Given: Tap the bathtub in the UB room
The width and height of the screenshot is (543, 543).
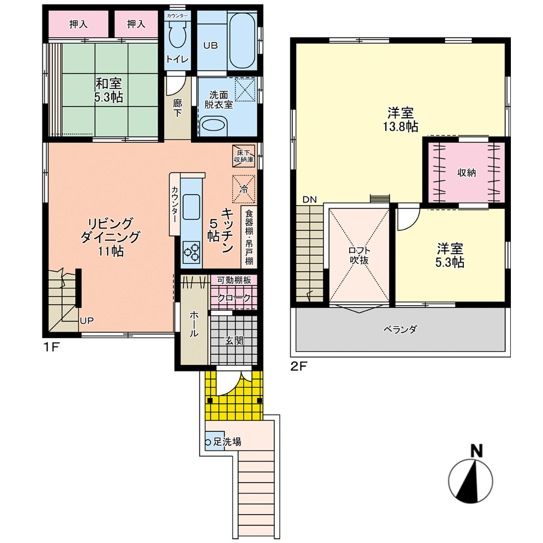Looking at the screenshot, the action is click(242, 41).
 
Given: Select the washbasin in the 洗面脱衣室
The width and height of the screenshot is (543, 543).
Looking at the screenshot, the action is click(213, 125).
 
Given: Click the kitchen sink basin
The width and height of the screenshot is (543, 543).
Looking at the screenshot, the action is click(191, 207).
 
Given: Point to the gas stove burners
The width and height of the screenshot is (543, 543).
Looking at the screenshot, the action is click(191, 252).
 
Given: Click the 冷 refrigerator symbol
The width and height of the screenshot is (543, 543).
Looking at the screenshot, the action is click(244, 189).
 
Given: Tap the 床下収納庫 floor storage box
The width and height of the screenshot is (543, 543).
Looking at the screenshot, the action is click(244, 156).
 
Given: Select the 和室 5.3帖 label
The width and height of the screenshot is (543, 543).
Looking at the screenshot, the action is click(109, 90).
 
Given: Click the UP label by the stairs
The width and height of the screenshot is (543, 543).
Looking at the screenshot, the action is click(87, 321).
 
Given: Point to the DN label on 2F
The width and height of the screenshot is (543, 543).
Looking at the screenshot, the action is click(310, 199).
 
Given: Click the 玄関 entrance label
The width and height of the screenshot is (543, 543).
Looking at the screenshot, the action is click(234, 341).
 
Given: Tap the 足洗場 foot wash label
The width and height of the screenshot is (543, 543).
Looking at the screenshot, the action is click(227, 442).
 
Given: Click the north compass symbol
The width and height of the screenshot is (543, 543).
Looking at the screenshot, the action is click(471, 481).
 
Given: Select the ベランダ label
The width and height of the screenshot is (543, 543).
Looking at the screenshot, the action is click(400, 329).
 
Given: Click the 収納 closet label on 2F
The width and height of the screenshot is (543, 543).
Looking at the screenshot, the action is click(467, 172).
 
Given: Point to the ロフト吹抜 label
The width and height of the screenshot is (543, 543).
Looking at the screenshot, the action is click(359, 256).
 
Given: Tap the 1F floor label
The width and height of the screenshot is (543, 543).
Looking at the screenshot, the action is click(52, 347).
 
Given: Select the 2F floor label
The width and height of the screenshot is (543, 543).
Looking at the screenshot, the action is click(299, 366).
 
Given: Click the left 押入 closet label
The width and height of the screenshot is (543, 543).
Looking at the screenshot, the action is click(78, 24).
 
